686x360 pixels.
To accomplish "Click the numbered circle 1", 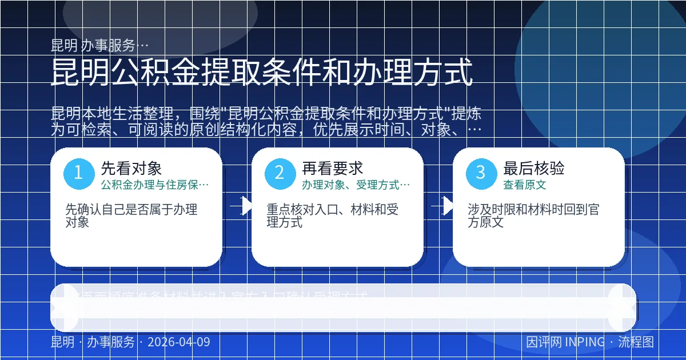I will point(78,173).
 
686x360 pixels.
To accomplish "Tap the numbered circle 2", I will point(280,173).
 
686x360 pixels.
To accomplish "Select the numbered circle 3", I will point(481,173).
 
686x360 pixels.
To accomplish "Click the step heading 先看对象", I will point(131,168).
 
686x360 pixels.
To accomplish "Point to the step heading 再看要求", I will point(333,168).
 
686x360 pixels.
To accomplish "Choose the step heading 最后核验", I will point(534,168).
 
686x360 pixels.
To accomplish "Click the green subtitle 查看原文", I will point(525,185).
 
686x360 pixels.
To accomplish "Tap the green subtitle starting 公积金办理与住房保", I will point(155,185).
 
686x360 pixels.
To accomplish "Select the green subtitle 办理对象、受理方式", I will point(356,185).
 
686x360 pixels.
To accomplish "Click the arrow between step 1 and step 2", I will point(242,206).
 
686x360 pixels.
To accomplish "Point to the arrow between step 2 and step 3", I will point(444,206).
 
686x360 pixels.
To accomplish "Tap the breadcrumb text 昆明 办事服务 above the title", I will point(100,45).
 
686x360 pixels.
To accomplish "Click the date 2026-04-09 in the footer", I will point(178,342).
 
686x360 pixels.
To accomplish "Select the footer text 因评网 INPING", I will point(565,342).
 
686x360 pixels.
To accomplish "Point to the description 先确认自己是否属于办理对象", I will point(131,215).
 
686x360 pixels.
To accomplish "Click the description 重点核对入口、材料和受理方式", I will point(333,215).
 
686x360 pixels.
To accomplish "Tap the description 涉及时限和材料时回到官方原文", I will point(533,215).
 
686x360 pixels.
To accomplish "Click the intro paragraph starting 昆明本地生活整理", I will point(266,121).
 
